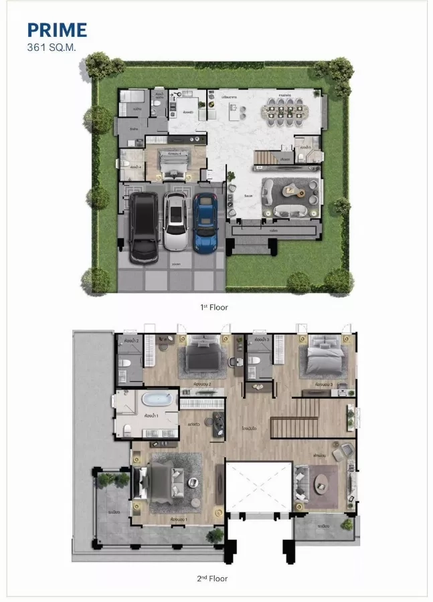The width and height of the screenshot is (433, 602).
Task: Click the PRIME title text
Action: point(57,30)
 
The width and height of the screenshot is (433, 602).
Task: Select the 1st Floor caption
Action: point(213,307)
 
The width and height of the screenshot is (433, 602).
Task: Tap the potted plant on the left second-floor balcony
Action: point(106,480)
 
